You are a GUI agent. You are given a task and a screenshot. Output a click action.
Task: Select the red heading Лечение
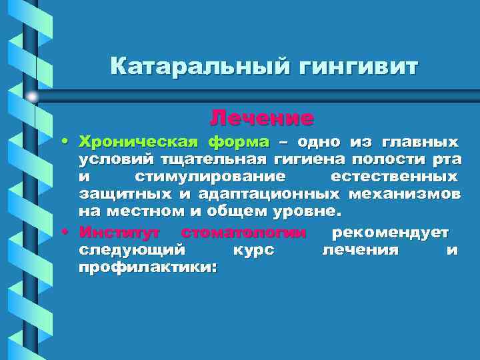pyautogui.click(x=261, y=118)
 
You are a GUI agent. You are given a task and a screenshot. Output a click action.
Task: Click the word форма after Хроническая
pyautogui.click(x=238, y=142)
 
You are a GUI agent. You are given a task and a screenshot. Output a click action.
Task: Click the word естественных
pyautogui.click(x=394, y=177)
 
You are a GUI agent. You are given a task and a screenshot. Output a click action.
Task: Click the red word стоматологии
pyautogui.click(x=243, y=233)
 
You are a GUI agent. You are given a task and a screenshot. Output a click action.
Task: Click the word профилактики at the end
pyautogui.click(x=147, y=267)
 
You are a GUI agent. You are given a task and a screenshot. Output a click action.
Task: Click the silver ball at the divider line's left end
pyautogui.click(x=32, y=97)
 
